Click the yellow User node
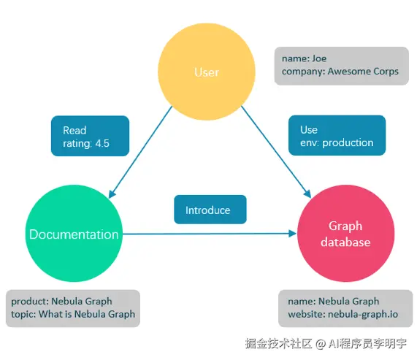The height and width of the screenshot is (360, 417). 207,72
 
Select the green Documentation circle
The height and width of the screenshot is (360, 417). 73,234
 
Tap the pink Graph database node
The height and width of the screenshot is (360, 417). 345,234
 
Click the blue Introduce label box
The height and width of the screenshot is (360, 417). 210,210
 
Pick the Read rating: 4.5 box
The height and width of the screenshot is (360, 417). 90,136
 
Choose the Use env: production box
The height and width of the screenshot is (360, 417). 336,136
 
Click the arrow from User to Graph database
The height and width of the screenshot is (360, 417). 274,153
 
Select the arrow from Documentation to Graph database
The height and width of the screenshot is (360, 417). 212,234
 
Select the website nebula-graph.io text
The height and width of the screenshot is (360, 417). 353,315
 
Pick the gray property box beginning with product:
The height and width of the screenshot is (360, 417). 73,307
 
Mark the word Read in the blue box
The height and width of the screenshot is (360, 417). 74,129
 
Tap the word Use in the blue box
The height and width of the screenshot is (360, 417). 309,129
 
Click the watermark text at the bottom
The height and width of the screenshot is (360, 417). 326,342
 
